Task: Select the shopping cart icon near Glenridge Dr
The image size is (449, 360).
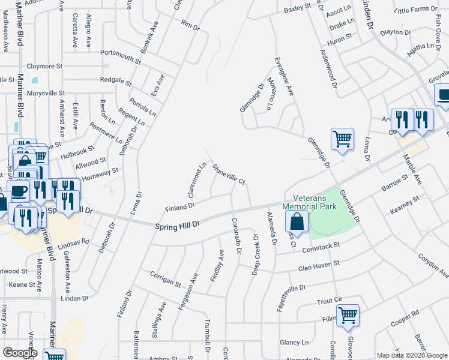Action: (342, 139)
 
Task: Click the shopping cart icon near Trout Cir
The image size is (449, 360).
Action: (348, 316)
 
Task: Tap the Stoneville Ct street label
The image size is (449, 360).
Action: (229, 173)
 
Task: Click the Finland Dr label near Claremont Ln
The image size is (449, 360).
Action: (180, 207)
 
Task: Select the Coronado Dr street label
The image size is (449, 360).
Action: (235, 235)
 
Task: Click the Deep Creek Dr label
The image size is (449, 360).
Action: (256, 251)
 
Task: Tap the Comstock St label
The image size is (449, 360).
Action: (322, 246)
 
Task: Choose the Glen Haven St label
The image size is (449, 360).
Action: (319, 265)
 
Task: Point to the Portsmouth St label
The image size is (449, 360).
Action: (121, 57)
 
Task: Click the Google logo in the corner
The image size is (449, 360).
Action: (20, 353)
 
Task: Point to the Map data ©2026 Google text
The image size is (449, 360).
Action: (411, 355)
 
